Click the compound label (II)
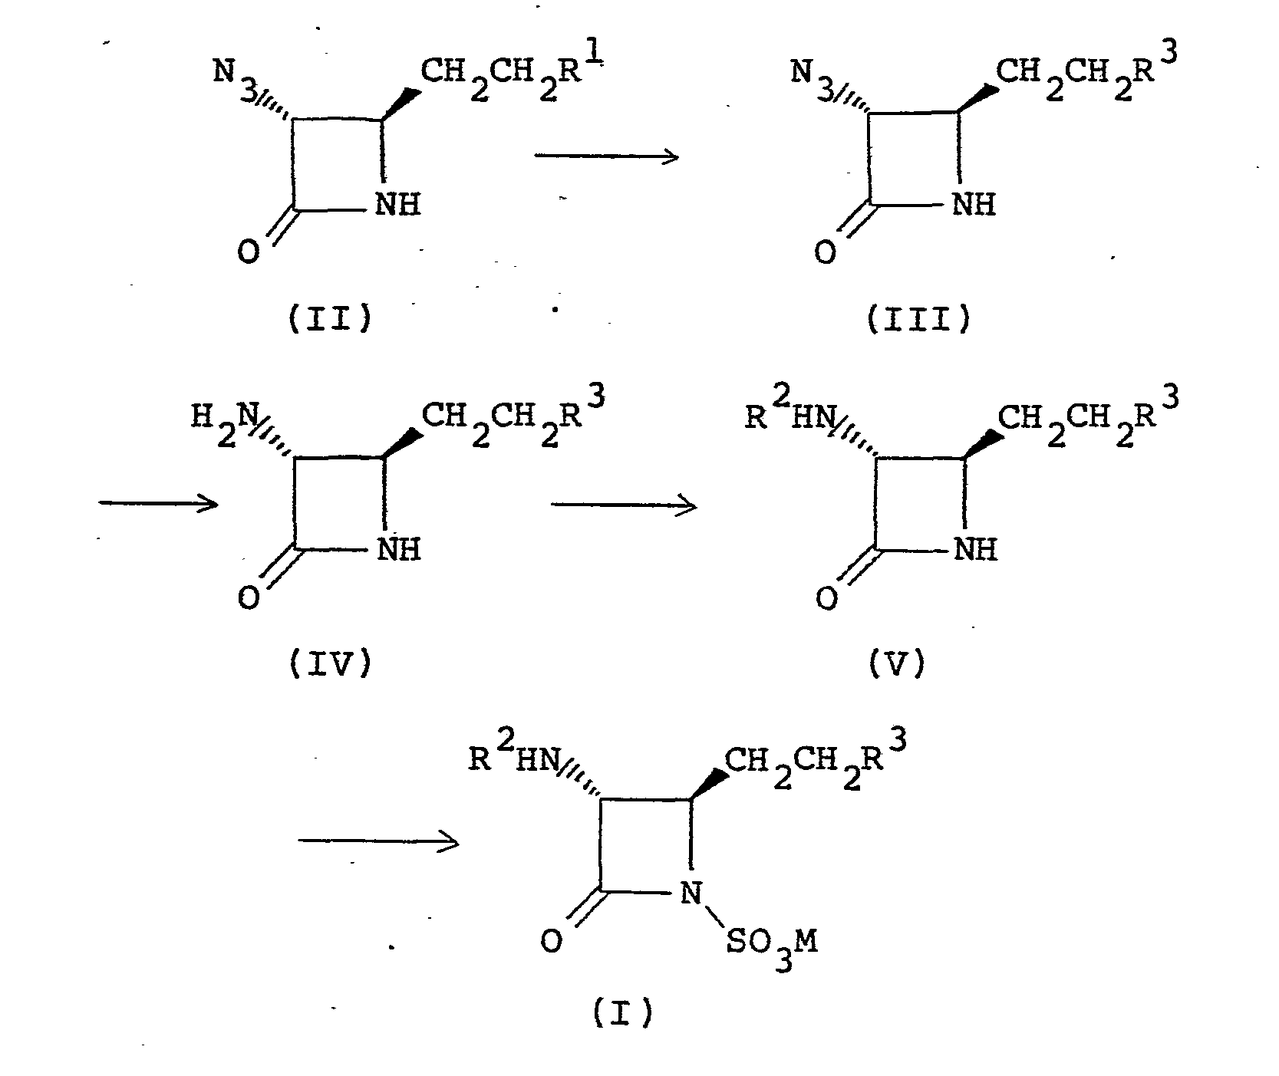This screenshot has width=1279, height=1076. coord(331,318)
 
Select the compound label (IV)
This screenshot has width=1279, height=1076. coord(331,663)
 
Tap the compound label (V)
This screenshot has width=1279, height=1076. coord(897,663)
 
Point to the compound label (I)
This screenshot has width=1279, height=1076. coord(622,1015)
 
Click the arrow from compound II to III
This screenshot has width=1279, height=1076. coord(606,157)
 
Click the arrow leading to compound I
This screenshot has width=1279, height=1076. coord(378,842)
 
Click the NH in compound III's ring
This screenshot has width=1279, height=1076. coord(973,205)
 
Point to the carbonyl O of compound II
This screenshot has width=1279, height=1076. coord(248,252)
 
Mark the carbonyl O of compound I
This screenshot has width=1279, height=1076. coord(551,940)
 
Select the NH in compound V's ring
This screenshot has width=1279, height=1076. coord(974,549)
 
